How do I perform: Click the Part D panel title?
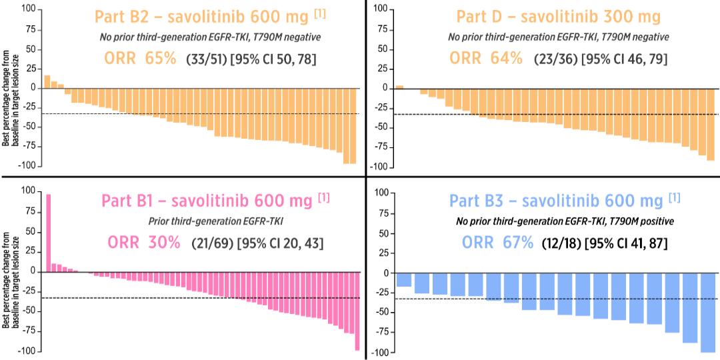point(559,16)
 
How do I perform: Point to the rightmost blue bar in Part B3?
point(708,312)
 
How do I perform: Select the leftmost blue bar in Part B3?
point(403,280)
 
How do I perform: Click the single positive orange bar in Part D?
point(399,87)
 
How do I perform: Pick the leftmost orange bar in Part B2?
point(47,81)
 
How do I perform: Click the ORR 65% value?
point(140,59)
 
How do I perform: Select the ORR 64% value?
point(486,59)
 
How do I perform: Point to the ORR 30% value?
point(141,243)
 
